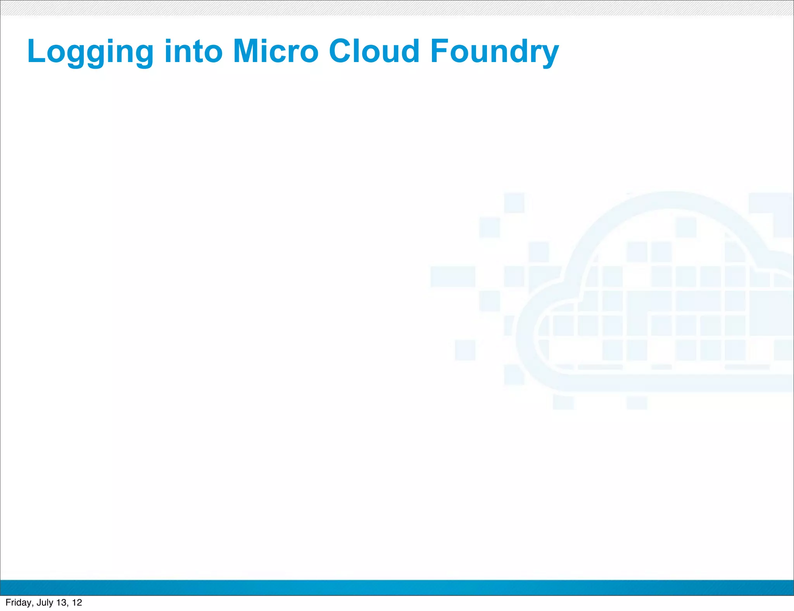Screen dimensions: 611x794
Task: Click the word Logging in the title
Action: (90, 52)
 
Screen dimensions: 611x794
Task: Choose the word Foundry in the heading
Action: (494, 52)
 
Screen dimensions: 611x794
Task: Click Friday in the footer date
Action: (18, 602)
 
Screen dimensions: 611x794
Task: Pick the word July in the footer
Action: (45, 602)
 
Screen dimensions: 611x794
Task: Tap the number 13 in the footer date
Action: (62, 602)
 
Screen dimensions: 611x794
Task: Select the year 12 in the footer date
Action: (77, 602)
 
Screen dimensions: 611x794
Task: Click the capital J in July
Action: (38, 602)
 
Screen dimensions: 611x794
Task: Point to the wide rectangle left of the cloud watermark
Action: (452, 276)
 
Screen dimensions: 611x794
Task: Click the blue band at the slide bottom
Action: (397, 588)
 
